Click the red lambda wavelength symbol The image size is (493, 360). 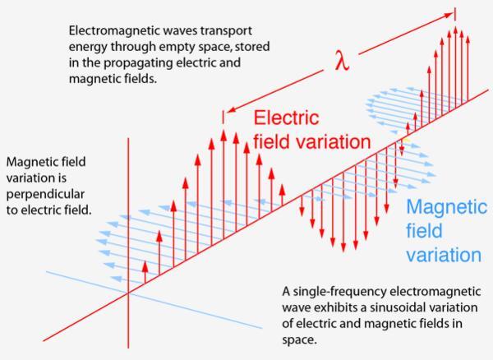[342, 61]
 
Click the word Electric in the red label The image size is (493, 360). [286, 118]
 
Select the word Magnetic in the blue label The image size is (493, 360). [447, 207]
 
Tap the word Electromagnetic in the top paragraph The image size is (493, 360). [114, 30]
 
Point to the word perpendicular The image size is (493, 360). [45, 194]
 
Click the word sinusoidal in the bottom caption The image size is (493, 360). [402, 307]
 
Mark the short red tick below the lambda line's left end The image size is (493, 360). [223, 117]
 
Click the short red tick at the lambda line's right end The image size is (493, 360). [455, 15]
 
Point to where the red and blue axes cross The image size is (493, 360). [128, 293]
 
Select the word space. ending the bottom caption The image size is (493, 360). [299, 340]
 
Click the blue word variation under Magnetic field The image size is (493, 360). [444, 255]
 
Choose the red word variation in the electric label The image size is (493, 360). [334, 142]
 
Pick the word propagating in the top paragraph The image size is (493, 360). [138, 63]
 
